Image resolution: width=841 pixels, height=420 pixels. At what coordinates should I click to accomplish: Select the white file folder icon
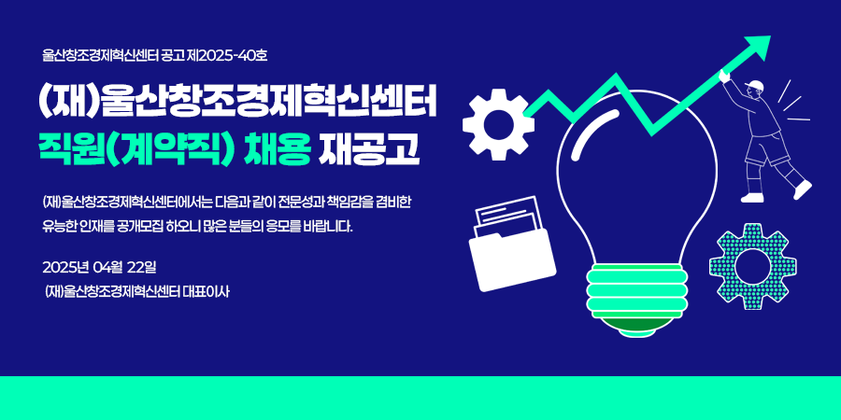pos(512,245)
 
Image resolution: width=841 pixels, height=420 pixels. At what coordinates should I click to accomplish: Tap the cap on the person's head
pos(755,85)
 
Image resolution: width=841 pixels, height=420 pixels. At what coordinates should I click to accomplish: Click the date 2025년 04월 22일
pos(99,266)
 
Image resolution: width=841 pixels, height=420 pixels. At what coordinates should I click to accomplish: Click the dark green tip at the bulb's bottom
pos(635,328)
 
